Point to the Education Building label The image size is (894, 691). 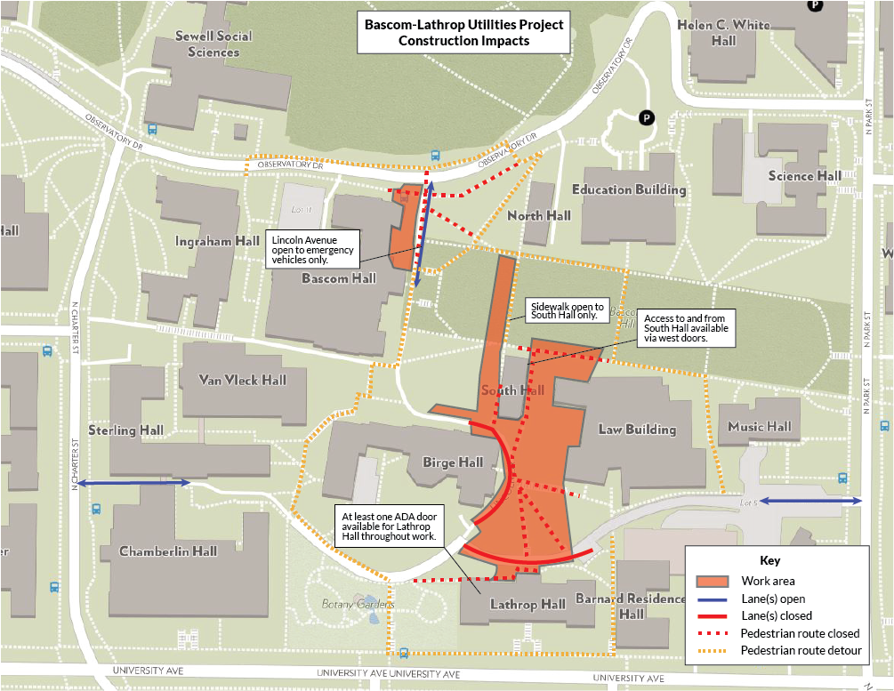[628, 189]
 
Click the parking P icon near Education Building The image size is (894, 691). [646, 117]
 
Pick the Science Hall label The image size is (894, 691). [804, 175]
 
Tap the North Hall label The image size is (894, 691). [538, 215]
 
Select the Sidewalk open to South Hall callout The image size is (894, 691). [567, 309]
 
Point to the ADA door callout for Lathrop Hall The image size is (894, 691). [388, 526]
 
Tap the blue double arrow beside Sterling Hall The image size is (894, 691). [133, 483]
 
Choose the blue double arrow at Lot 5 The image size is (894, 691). [809, 502]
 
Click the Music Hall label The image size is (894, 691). [759, 427]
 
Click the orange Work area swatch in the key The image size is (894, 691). [713, 582]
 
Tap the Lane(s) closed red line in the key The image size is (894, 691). [713, 615]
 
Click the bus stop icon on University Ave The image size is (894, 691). [404, 653]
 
